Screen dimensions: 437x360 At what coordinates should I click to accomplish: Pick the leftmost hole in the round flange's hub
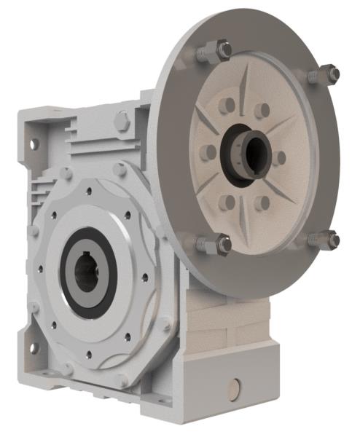pyautogui.click(x=208, y=152)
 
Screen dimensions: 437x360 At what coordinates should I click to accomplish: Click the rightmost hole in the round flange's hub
pyautogui.click(x=279, y=157)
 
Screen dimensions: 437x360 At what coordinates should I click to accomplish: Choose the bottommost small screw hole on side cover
pyautogui.click(x=89, y=355)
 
